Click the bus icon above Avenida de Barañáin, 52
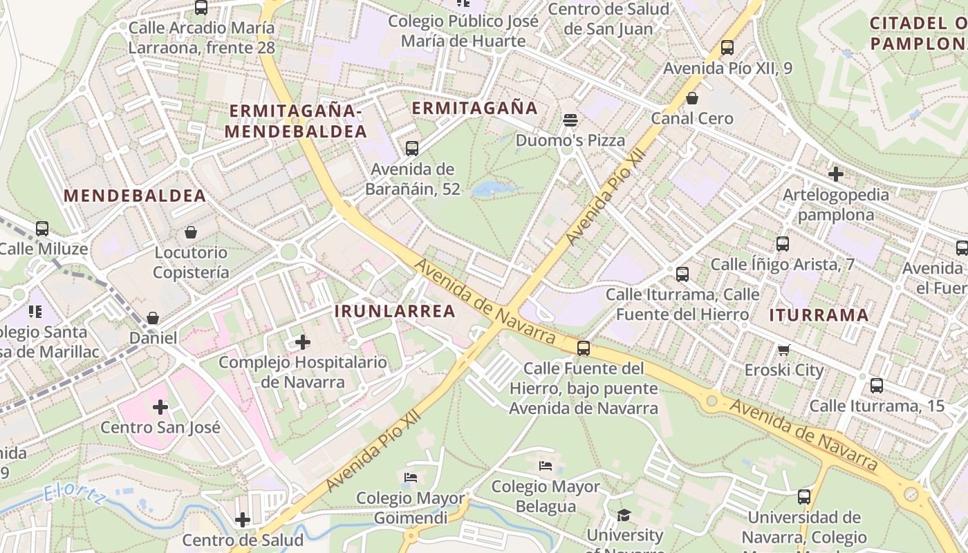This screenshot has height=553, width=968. [x=412, y=148]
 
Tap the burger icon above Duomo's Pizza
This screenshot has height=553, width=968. [x=570, y=120]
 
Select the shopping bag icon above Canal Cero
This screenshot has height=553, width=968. [x=692, y=98]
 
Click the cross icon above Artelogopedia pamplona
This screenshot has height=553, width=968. [x=836, y=174]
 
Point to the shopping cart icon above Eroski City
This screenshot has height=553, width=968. [x=783, y=350]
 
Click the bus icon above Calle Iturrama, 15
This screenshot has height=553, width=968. [x=877, y=386]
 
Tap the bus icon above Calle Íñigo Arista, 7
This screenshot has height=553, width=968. [x=783, y=244]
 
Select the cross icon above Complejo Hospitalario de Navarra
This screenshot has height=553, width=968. [x=303, y=341]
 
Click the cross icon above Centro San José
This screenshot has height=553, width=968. [x=160, y=407]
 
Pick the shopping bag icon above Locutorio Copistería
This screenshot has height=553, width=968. [x=191, y=232]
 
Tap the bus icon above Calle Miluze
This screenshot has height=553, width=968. [x=42, y=229]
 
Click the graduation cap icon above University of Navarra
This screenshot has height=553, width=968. [x=624, y=515]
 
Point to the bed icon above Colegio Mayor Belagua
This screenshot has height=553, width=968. [x=546, y=466]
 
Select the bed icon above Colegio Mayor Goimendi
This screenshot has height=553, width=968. [x=411, y=477]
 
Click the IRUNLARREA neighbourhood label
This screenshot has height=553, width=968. [x=395, y=311]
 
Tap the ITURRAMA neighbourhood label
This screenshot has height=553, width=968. [x=819, y=315]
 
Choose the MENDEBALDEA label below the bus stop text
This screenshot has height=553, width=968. [x=135, y=196]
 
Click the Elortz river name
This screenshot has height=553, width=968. [x=73, y=495]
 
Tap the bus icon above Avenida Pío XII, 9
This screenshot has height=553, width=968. [x=727, y=48]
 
